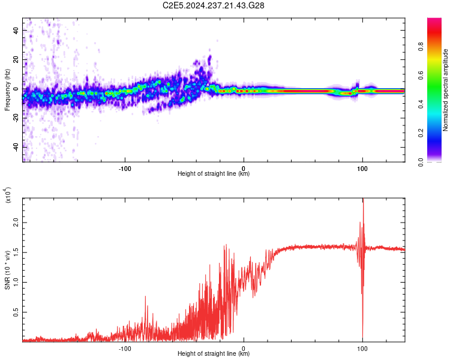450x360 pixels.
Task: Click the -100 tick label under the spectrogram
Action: pos(125,169)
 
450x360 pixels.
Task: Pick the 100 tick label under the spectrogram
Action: pos(362,169)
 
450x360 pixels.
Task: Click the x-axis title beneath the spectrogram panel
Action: pos(214,175)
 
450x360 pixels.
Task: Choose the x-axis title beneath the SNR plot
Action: pos(214,354)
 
